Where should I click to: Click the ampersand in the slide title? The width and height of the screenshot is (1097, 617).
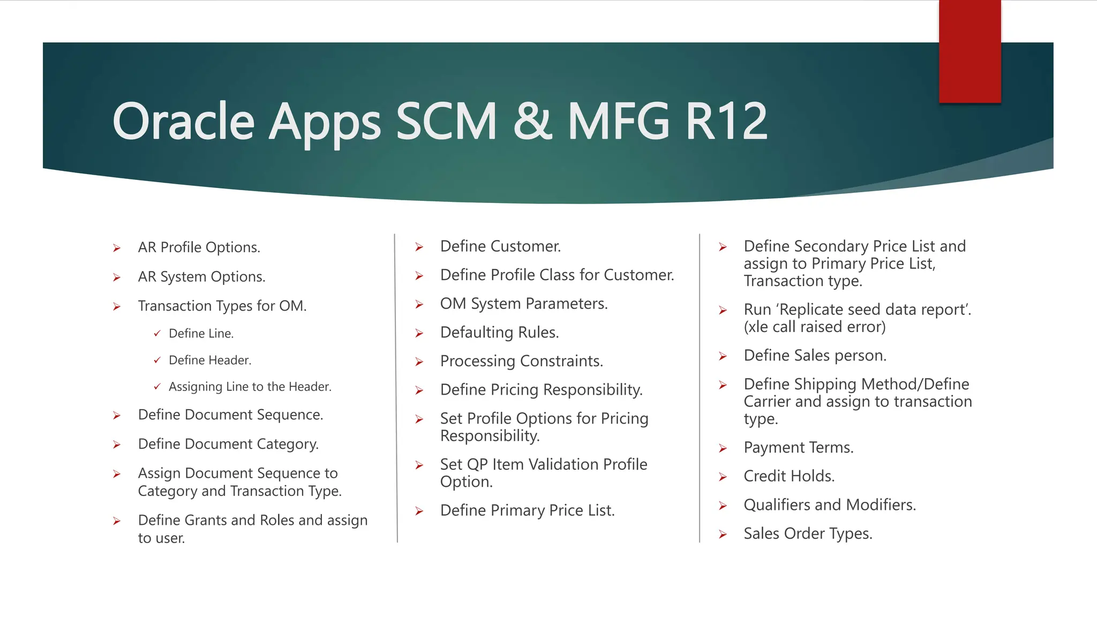coord(532,122)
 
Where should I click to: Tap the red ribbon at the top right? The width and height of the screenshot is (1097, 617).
coord(970,51)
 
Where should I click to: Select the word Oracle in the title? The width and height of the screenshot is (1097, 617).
coord(183,122)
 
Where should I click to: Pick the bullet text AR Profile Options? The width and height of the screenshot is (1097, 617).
coord(199,247)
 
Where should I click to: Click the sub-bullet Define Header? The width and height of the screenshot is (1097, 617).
coord(209,360)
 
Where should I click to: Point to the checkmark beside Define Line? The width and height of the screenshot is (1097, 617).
coord(157,333)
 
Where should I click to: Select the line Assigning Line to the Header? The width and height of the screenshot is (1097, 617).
coord(250,387)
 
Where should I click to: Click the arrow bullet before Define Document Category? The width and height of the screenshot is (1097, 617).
coord(117,445)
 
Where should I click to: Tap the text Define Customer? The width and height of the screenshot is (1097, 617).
coord(500,246)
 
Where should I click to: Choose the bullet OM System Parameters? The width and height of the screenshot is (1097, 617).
coord(523,304)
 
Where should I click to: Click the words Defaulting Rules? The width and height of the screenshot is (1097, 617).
coord(499,333)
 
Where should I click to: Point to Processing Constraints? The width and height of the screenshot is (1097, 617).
coord(521,361)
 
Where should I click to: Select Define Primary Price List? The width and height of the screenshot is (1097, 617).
coord(527,510)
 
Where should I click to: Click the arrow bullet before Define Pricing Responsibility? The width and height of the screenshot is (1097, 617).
coord(419,390)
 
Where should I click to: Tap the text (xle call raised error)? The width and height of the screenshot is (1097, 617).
coord(814,327)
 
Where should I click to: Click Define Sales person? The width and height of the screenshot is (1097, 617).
coord(815,356)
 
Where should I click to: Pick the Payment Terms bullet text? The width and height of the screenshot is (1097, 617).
coord(798,448)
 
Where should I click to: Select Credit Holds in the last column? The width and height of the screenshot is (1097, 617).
coord(788,476)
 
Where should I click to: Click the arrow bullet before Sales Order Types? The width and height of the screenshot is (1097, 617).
coord(723,535)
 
